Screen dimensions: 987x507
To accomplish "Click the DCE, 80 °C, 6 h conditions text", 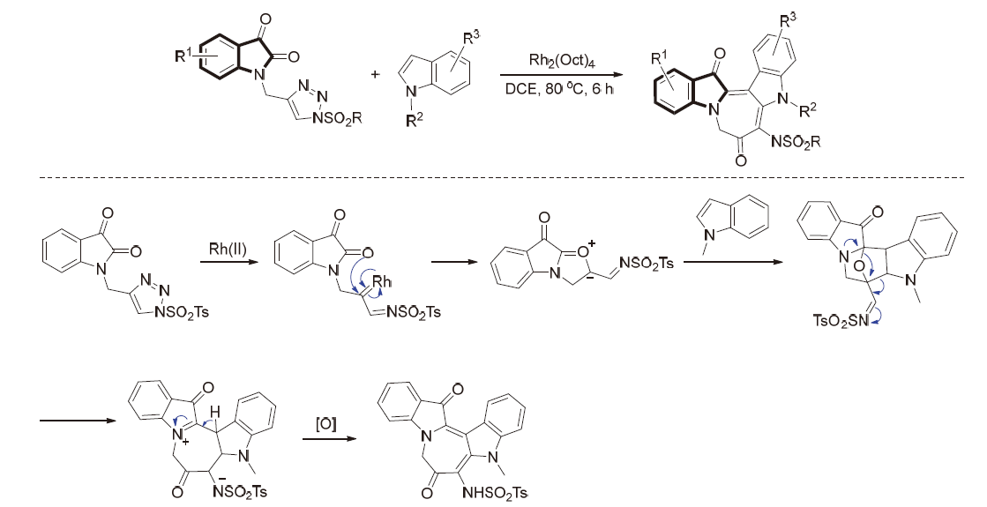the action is click(559, 89).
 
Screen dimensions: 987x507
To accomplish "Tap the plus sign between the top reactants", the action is click(376, 74).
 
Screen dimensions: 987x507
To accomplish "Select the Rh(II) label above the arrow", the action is click(228, 249).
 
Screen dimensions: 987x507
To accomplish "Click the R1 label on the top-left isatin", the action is click(183, 56).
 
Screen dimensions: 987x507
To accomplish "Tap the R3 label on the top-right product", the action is click(788, 20).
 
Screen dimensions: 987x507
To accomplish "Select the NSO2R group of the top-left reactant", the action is click(337, 118).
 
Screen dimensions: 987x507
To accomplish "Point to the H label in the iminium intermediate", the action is click(213, 412).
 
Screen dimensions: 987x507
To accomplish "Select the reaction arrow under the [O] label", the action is click(326, 438).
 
